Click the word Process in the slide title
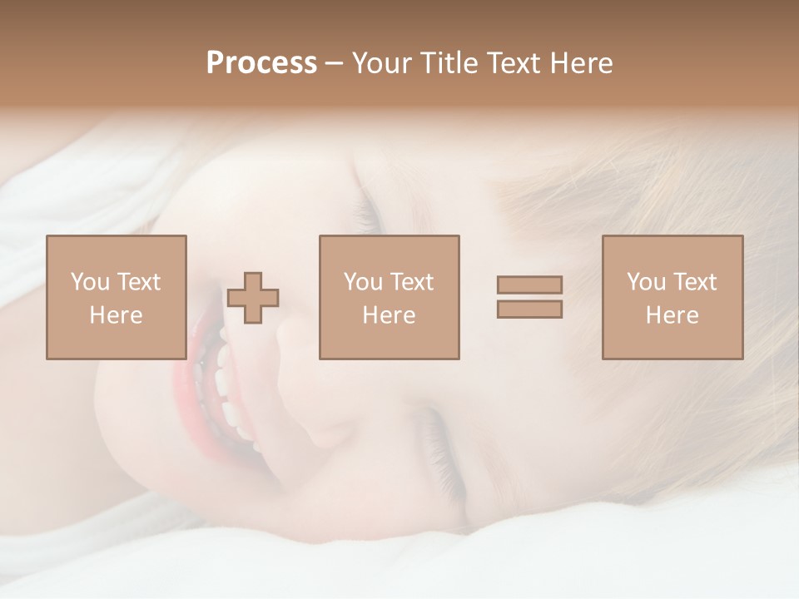[x=261, y=63]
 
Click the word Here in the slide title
[x=582, y=63]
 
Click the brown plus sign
[x=254, y=297]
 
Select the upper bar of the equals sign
[x=529, y=285]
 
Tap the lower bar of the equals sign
[x=529, y=309]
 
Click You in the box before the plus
[x=89, y=282]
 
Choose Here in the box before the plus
[x=116, y=315]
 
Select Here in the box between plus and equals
[x=389, y=315]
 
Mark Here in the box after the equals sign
[x=672, y=315]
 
